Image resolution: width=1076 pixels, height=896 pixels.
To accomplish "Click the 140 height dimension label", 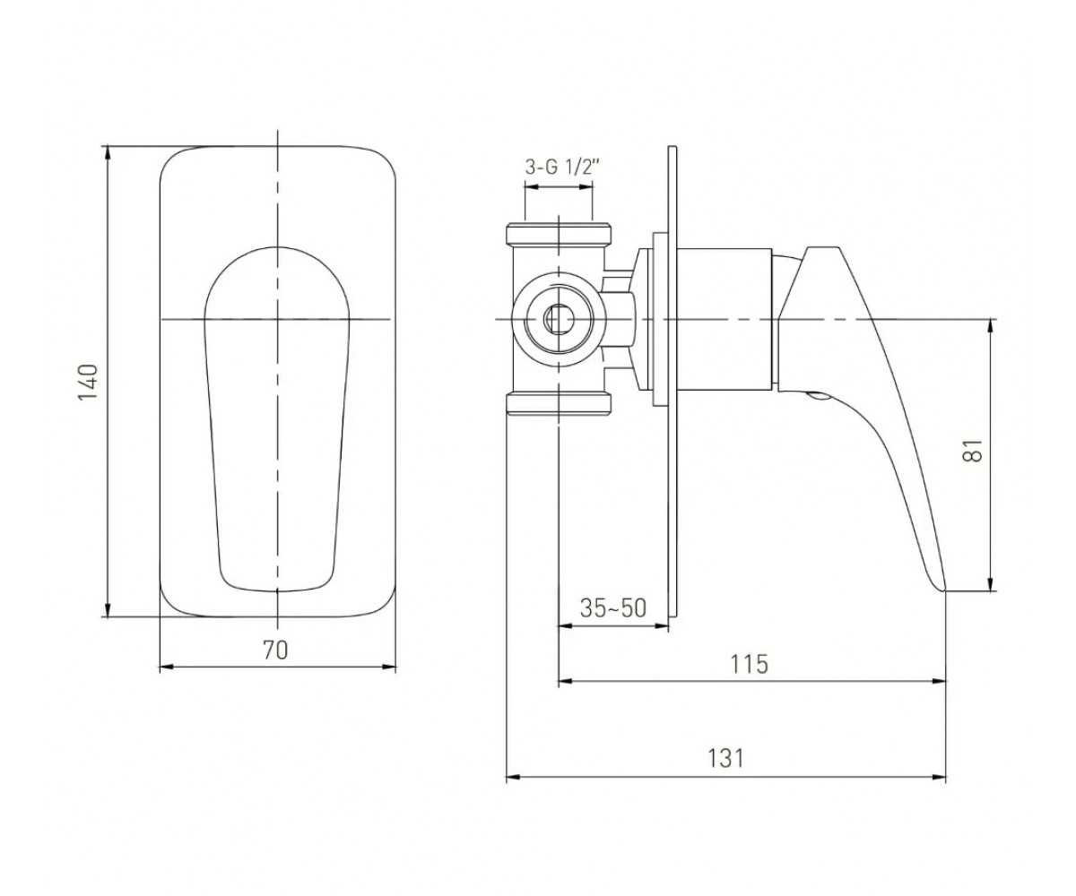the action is pos(88,382).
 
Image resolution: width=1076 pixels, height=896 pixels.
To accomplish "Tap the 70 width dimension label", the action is pos(275,650).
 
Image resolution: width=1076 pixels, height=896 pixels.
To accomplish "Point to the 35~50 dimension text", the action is pos(613,608).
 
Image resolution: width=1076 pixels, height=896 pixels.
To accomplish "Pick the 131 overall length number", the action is pos(725,759).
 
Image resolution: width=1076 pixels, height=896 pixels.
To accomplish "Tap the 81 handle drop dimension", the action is pos(973,451).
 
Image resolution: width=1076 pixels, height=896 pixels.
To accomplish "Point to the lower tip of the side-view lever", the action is pos(944,591).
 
